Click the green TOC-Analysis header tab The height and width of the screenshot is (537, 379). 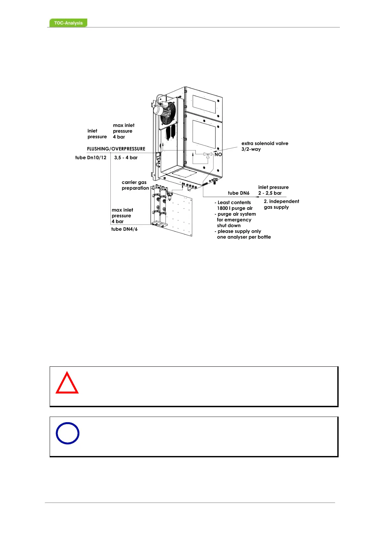click(x=68, y=23)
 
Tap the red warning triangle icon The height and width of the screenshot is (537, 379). click(x=67, y=383)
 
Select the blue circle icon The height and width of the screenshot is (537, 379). click(x=67, y=433)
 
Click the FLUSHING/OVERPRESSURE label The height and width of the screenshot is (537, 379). click(x=116, y=149)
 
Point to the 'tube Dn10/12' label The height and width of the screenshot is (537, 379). click(x=91, y=158)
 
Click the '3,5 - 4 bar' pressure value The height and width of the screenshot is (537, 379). click(x=126, y=158)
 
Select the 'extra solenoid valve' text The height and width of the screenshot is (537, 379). click(x=265, y=143)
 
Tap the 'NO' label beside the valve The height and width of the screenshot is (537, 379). click(x=218, y=154)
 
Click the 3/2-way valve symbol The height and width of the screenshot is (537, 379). click(x=207, y=155)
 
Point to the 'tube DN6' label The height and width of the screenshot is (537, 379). click(x=239, y=193)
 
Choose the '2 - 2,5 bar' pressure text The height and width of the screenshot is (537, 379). click(x=270, y=193)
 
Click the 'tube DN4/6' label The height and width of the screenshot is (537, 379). click(x=124, y=229)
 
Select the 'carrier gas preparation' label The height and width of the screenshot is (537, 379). click(x=135, y=185)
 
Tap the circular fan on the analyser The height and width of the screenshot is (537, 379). click(x=168, y=114)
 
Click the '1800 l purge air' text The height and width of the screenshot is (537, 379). click(x=235, y=208)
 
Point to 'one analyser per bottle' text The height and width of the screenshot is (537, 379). click(x=244, y=237)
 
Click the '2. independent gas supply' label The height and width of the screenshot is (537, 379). click(x=281, y=204)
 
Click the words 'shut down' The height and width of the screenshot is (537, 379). click(x=229, y=225)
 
